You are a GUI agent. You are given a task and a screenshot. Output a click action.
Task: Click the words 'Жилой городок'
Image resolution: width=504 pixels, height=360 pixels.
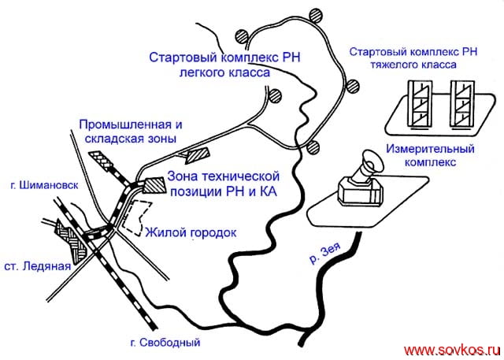click(x=191, y=232)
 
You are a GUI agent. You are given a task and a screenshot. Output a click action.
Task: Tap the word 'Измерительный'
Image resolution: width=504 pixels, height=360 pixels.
click(x=423, y=148)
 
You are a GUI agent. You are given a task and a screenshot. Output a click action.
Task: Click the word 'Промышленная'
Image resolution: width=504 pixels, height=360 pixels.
click(x=124, y=124)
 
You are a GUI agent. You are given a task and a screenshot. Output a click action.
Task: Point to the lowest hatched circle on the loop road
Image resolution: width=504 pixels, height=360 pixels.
click(x=314, y=147)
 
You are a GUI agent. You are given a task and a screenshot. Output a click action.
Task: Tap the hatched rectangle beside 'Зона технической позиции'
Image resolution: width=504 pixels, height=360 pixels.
click(x=154, y=185)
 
